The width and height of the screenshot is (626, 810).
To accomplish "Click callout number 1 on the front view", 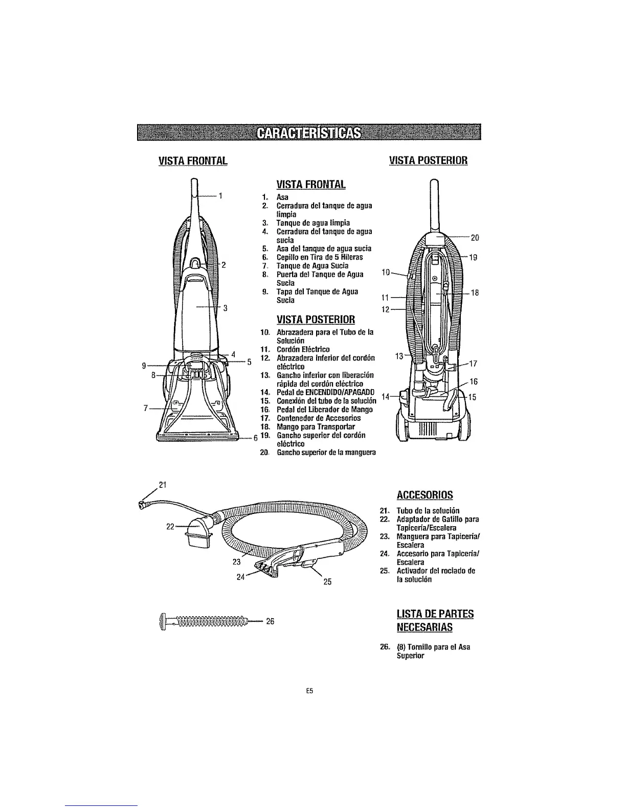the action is tap(220, 195).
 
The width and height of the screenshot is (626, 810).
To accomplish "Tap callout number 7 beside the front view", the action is tap(146, 408).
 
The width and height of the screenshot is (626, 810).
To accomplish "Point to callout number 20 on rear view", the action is tap(474, 237).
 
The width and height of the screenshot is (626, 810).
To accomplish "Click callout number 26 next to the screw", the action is tap(271, 621).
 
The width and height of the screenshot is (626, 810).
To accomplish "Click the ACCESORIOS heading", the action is tap(424, 495).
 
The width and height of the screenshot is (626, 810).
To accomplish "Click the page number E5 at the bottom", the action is tap(309, 690).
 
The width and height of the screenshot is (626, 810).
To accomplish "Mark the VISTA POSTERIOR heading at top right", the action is tap(428, 161).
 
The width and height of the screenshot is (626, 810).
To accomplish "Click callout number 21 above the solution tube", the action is tap(163, 484).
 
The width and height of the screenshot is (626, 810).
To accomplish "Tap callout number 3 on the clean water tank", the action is tap(225, 308).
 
